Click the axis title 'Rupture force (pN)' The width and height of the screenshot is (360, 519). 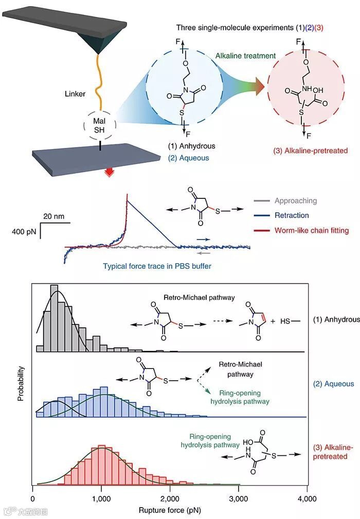pos(170,511)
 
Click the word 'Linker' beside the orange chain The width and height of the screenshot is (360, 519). pos(75,94)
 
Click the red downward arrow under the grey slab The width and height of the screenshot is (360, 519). pos(109,173)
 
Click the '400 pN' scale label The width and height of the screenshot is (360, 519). pos(24,232)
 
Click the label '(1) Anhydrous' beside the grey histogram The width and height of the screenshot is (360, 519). pos(336,319)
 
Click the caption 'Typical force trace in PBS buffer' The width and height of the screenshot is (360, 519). pos(157,266)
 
